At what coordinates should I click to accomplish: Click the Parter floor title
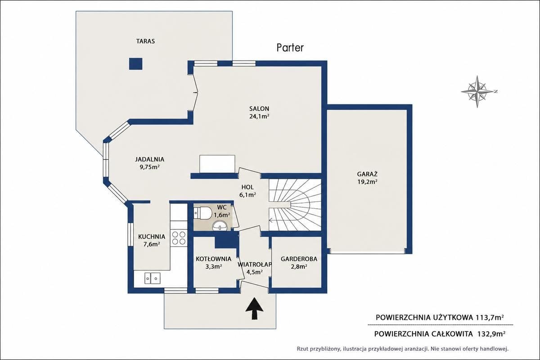[x=290, y=48]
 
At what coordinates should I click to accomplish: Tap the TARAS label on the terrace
[x=146, y=41]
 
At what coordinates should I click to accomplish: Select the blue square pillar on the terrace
[x=135, y=64]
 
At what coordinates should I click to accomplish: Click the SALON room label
[x=259, y=109]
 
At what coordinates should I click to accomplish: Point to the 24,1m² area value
[x=259, y=117]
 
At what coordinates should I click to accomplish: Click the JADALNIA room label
[x=149, y=159]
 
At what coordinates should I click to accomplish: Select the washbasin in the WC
[x=220, y=226]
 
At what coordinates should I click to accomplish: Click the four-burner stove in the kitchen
[x=179, y=238]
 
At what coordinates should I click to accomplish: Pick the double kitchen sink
[x=153, y=278]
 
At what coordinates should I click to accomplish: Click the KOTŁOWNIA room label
[x=213, y=259]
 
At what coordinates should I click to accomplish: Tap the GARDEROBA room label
[x=299, y=259]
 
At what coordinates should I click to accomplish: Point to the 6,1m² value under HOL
[x=247, y=195]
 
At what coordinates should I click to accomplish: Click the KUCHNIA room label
[x=152, y=237]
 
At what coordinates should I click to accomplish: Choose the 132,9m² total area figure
[x=491, y=334]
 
